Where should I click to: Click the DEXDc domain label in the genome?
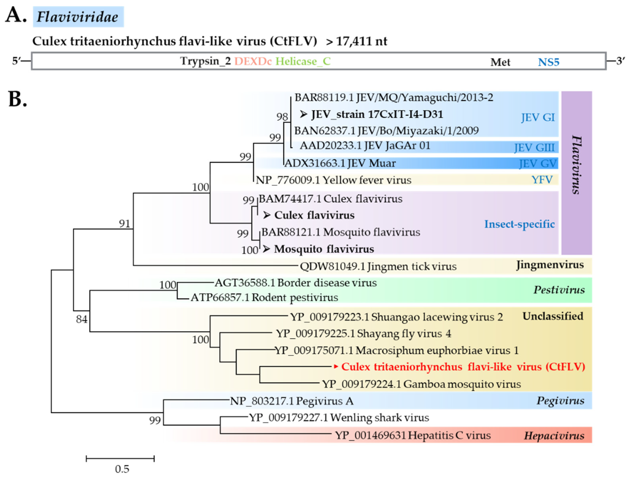click(253, 61)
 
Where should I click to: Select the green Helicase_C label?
click(303, 61)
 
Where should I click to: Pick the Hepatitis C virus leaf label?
click(413, 435)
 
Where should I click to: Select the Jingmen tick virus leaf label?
click(378, 266)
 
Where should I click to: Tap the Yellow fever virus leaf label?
click(333, 180)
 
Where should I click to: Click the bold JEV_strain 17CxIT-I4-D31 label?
click(377, 114)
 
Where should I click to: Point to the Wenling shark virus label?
click(339, 418)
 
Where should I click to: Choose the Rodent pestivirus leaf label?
click(264, 298)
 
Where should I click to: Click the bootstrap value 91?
click(125, 223)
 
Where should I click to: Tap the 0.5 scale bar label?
click(122, 469)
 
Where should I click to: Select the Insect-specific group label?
click(519, 224)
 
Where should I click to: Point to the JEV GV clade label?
click(538, 164)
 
